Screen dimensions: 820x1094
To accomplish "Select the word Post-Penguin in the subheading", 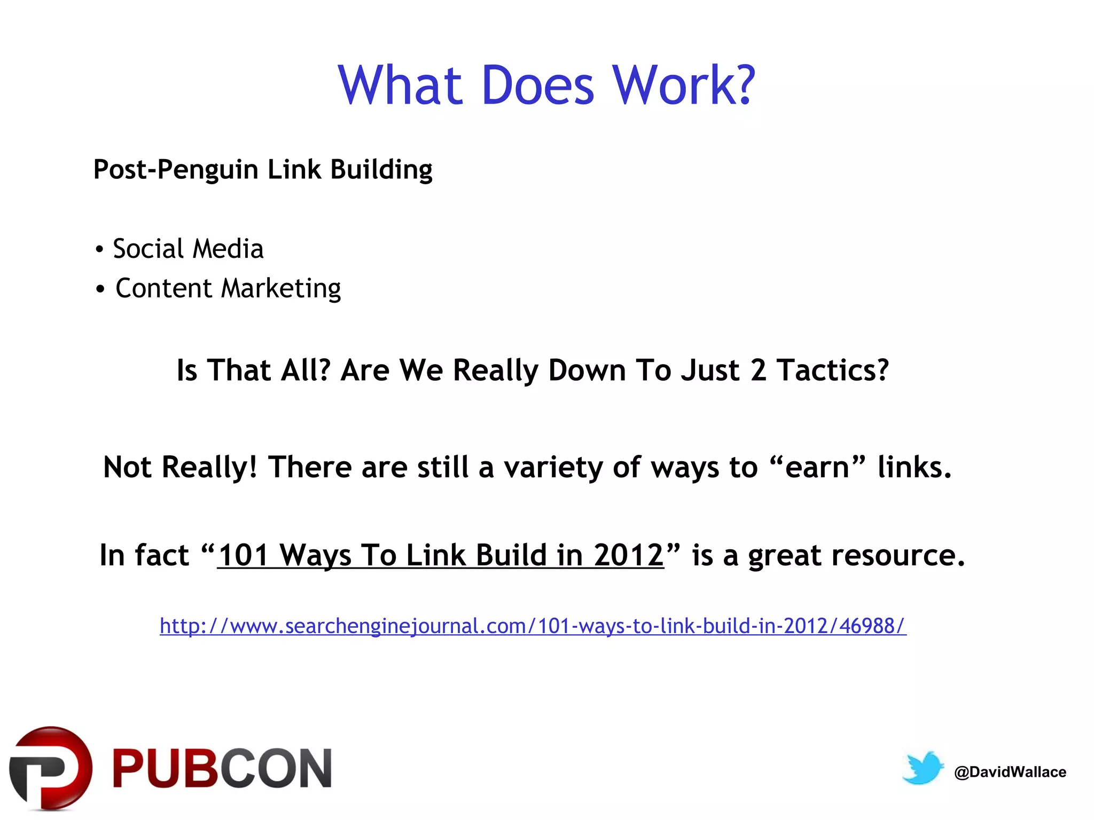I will pos(176,170).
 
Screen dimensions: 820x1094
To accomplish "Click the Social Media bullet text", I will pos(188,249).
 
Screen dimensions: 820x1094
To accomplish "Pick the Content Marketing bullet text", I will pos(228,289).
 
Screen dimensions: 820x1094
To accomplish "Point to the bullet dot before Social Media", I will pos(99,250).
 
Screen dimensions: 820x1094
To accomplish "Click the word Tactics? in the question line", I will pos(833,370).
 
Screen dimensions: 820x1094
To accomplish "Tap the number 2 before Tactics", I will pos(759,370).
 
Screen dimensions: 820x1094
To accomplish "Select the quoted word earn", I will pos(817,468).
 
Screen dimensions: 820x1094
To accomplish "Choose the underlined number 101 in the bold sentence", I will pos(243,555).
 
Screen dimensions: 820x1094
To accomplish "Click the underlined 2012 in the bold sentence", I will pos(629,555).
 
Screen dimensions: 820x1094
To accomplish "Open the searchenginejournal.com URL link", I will pos(533,626).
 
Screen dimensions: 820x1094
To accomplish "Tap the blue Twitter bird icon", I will pos(923,768).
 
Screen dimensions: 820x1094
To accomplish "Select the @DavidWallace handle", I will pos(1010,772).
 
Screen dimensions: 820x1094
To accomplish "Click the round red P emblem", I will pos(51,768).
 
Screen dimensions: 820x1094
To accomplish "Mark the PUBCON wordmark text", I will pos(222,769).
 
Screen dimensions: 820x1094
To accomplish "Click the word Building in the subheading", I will pos(381,170).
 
